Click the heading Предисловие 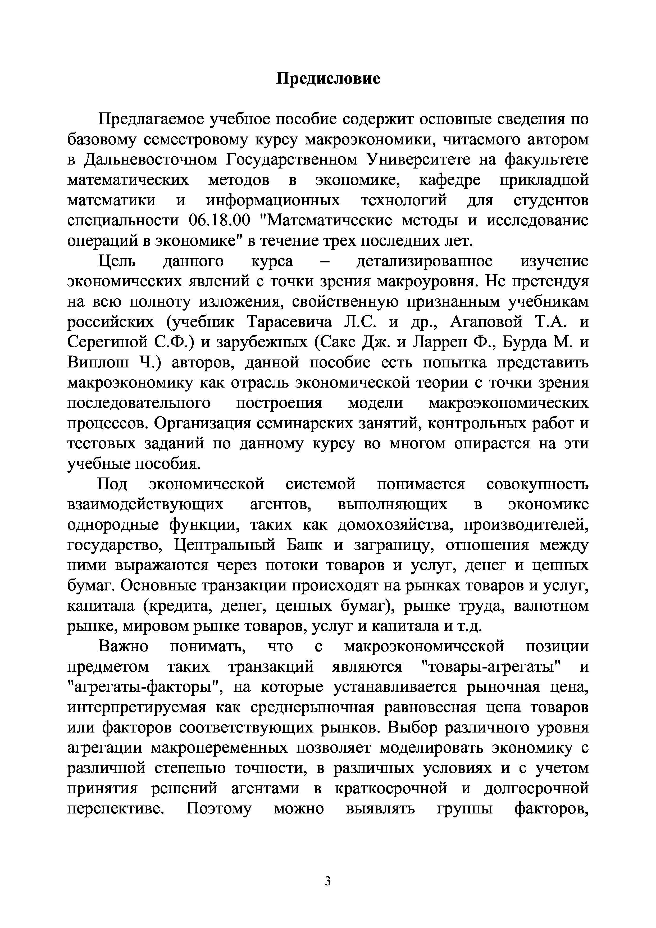pos(328,78)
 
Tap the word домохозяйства pos(397,525)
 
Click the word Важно pos(123,647)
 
